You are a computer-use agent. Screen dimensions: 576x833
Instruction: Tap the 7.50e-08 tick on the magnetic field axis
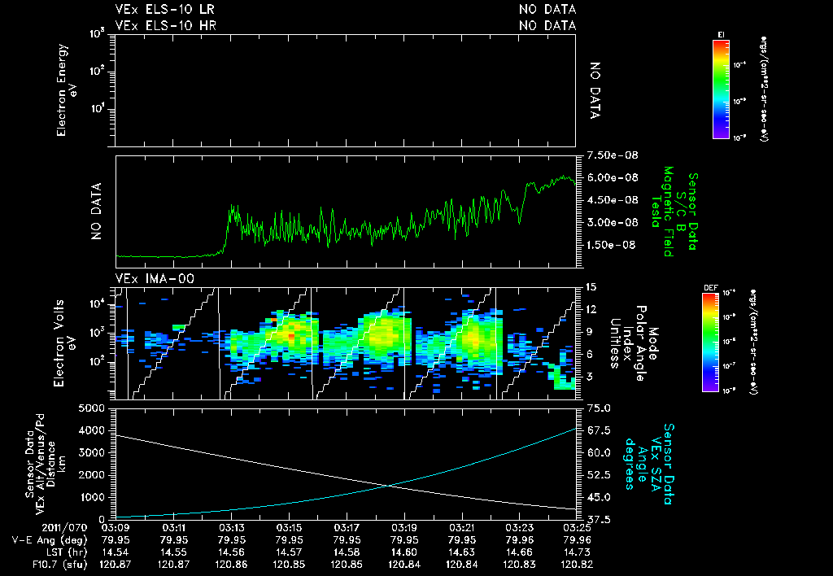[604, 155]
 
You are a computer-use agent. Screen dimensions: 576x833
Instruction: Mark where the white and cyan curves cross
[390, 486]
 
